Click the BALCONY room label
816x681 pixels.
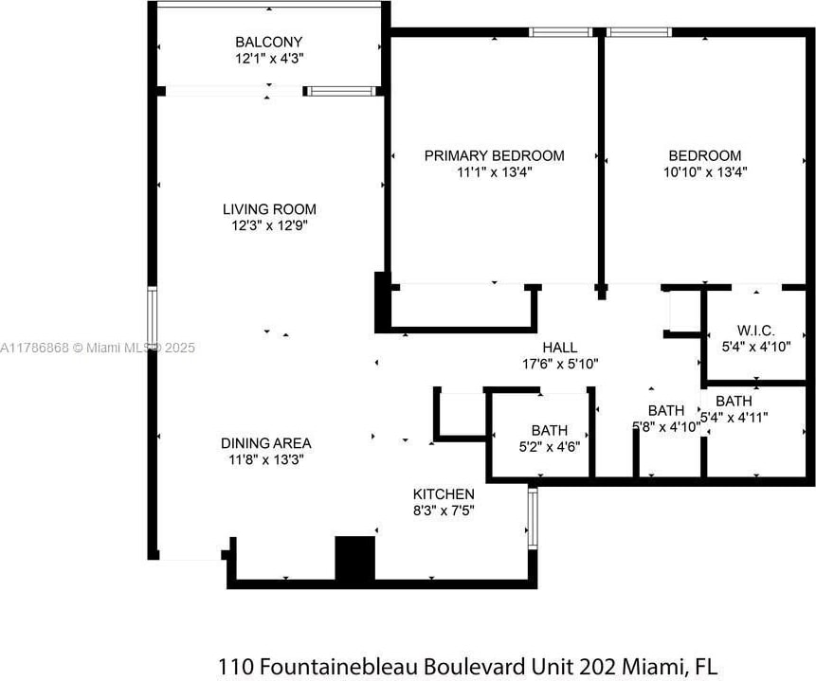268,42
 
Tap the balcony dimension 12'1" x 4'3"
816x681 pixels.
269,58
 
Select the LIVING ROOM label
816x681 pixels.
269,209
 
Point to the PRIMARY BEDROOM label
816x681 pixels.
494,155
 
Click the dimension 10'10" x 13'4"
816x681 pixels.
705,171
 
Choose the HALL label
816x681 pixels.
560,347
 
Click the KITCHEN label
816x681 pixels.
444,493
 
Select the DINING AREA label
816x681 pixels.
266,443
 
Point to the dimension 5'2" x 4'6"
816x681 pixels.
550,447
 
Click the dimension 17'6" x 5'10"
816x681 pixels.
560,364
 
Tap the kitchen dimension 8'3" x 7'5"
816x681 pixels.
444,511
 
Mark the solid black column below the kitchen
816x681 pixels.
354,558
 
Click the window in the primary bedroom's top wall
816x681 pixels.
561,32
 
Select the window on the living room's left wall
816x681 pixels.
152,318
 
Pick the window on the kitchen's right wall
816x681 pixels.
533,518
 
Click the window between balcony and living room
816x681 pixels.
341,92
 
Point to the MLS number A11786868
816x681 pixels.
34,348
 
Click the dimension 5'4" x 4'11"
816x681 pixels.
734,418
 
